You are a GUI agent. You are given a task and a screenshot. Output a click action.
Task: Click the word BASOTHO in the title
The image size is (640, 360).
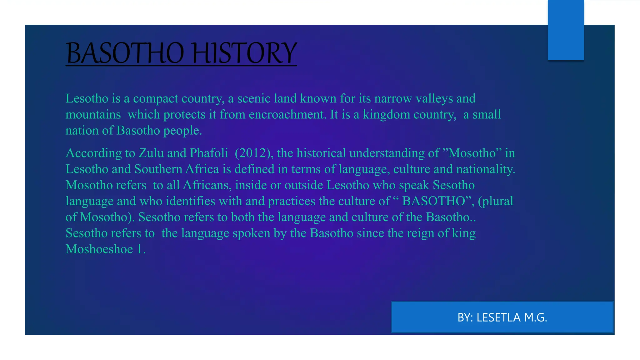pos(125,53)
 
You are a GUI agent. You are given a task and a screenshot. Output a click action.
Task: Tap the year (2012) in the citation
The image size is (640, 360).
pos(254,153)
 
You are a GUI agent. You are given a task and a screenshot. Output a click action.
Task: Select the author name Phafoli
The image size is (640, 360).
pos(209,153)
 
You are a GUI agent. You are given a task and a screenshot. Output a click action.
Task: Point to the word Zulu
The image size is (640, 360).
pos(151,153)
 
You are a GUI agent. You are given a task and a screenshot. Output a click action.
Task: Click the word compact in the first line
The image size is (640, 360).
pos(155,99)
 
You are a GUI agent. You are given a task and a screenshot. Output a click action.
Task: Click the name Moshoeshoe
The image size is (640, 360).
pos(99,249)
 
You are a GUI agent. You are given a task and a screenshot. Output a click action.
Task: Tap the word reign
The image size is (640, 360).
pos(419,233)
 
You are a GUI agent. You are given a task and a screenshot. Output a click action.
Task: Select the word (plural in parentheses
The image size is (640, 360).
pos(495,201)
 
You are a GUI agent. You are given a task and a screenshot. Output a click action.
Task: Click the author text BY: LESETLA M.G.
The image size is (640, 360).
pos(502,317)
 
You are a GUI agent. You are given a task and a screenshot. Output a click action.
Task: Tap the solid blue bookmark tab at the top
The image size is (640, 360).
pos(566,30)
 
